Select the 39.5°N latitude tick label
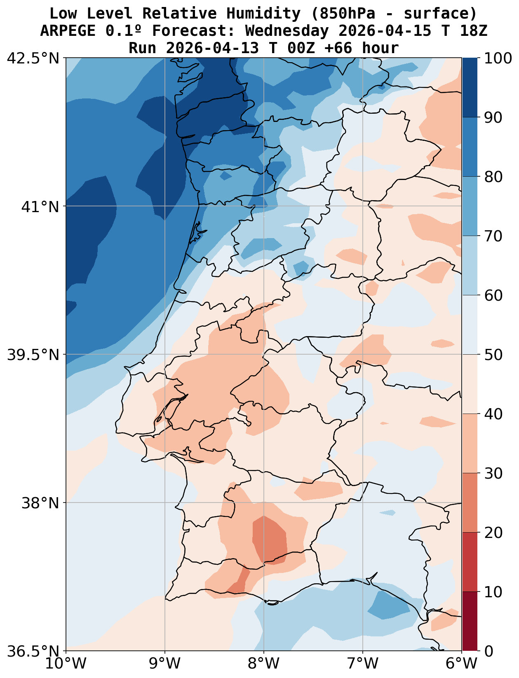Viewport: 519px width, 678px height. [33, 355]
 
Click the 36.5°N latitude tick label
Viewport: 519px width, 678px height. [33, 651]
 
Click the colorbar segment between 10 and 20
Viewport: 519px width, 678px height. [470, 562]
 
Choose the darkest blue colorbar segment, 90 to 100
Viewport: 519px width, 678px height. [470, 88]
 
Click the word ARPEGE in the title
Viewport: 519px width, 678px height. [68, 31]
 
